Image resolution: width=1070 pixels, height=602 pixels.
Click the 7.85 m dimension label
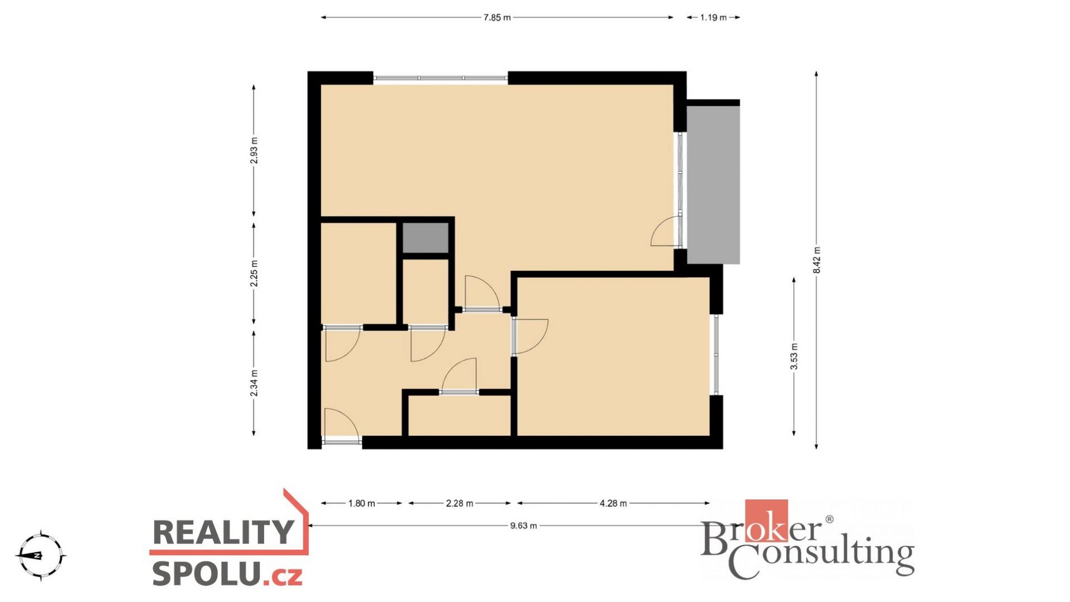(497, 17)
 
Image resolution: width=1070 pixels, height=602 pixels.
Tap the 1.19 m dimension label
(713, 17)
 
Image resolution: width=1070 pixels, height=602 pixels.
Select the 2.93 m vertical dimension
(254, 150)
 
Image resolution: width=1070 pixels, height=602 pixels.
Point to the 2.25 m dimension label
(254, 273)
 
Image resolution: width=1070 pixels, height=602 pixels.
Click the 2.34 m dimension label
(254, 383)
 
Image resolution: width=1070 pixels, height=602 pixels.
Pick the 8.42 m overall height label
(817, 260)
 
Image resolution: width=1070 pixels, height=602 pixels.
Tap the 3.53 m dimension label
(794, 356)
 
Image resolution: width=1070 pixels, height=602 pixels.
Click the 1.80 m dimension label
(362, 503)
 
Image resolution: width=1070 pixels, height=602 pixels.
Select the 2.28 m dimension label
(460, 503)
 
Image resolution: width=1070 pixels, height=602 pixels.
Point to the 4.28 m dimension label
(613, 503)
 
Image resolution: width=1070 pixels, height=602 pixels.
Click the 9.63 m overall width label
(524, 525)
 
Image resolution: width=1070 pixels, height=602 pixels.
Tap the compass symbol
(41, 555)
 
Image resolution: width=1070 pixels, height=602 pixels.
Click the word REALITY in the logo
(224, 532)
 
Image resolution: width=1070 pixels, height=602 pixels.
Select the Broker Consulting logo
(807, 539)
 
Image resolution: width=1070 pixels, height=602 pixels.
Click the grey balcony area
(713, 185)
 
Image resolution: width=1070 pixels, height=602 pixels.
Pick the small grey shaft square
(426, 238)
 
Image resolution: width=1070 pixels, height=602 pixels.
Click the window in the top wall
(441, 78)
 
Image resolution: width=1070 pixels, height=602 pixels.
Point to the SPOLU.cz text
(227, 574)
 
